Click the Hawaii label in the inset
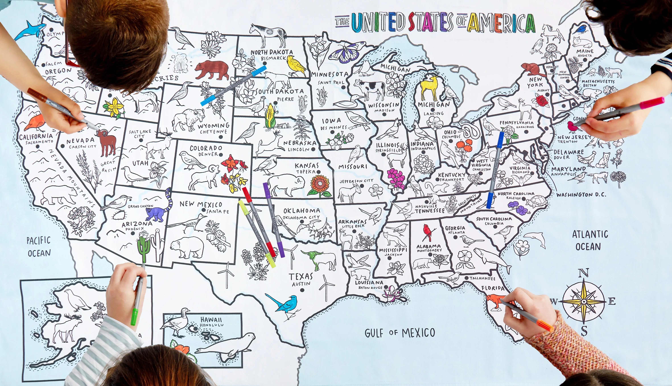click(x=211, y=320)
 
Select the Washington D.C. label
click(x=581, y=195)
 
